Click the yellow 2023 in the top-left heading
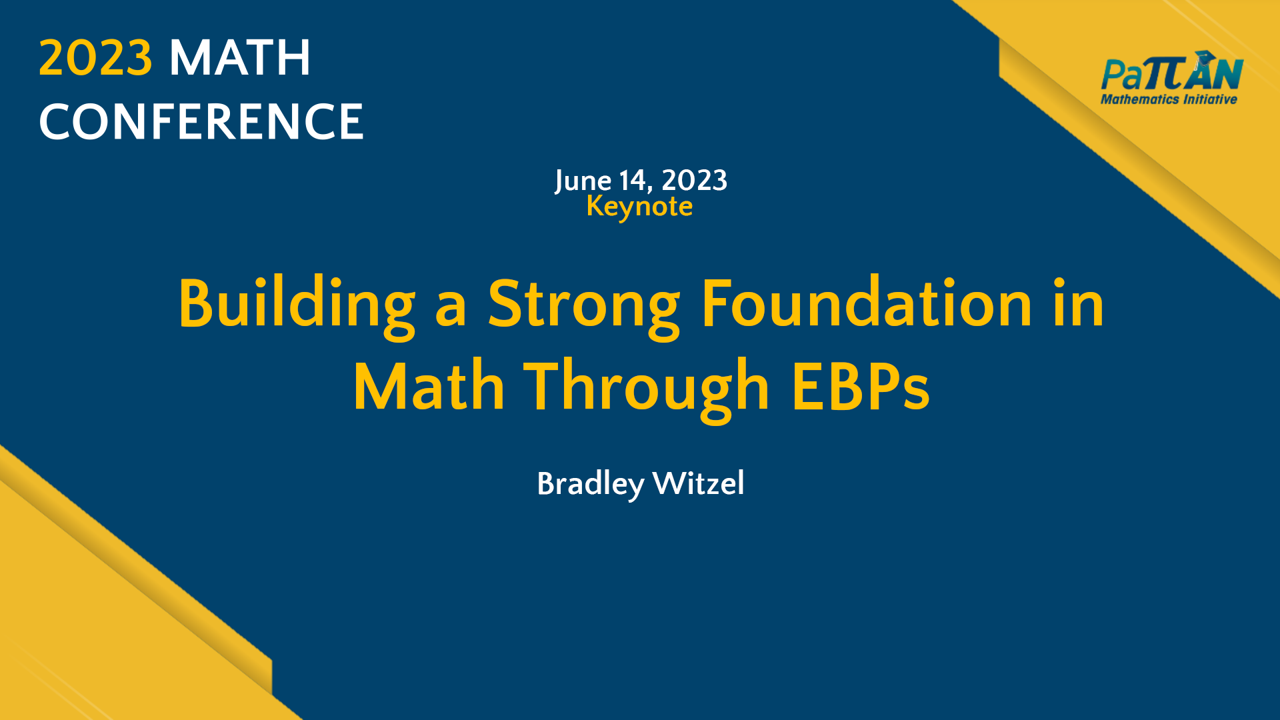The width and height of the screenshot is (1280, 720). coord(95,58)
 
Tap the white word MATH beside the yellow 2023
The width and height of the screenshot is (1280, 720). coord(240,58)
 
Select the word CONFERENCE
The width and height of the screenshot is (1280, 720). coord(201,122)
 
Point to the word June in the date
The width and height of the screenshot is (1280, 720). coord(583,181)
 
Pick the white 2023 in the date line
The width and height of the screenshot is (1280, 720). coord(694,181)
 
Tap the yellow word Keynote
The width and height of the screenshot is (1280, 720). coord(639,207)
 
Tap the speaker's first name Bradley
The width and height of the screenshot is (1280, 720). coord(591,484)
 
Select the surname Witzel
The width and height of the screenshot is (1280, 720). coord(699,483)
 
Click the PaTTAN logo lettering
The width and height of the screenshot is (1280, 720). coord(1171,75)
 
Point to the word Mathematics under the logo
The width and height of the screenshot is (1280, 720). coord(1139,99)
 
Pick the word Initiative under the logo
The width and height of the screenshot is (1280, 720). coord(1210,99)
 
